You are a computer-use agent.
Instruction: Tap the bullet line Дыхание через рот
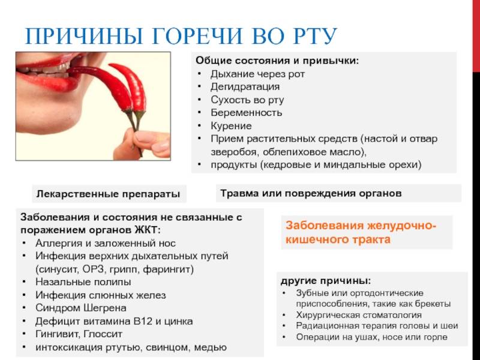(257, 74)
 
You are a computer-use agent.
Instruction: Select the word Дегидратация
(245, 87)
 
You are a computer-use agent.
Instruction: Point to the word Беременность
(246, 113)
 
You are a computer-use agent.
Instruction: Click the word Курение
(231, 126)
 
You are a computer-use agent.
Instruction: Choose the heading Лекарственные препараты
(108, 194)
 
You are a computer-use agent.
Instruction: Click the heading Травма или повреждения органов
(311, 193)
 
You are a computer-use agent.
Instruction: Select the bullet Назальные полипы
(83, 281)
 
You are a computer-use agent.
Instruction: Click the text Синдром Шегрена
(81, 308)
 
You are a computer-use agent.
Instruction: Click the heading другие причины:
(326, 281)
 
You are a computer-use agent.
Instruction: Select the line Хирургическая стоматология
(359, 315)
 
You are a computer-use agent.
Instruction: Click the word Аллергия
(59, 244)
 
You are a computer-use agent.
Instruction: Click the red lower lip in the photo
(49, 83)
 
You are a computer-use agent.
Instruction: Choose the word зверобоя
(234, 152)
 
